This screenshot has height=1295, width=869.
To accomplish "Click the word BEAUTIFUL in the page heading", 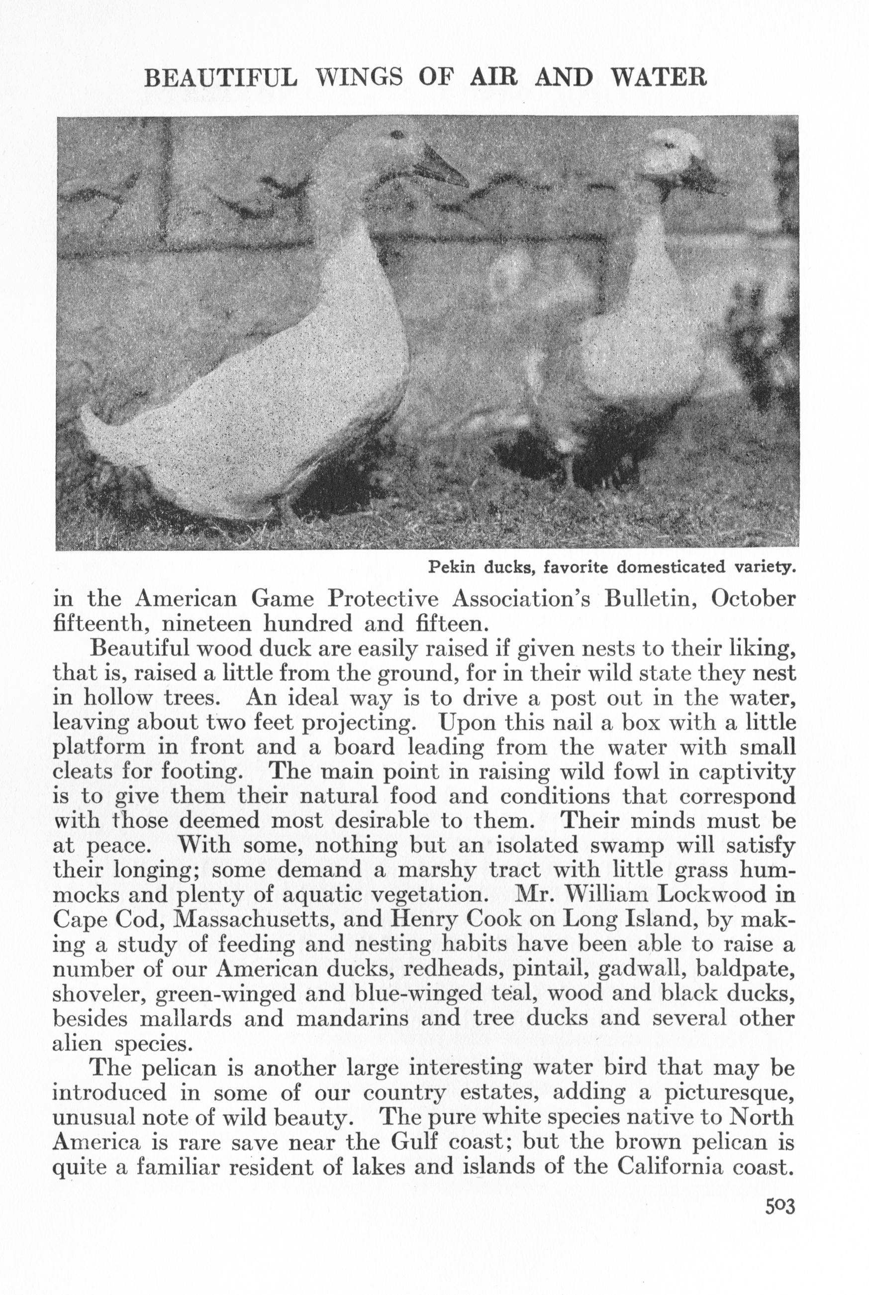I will pyautogui.click(x=220, y=77).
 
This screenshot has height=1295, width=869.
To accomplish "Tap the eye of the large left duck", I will pyautogui.click(x=398, y=135).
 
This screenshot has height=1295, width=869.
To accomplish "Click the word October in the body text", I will pyautogui.click(x=754, y=599).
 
